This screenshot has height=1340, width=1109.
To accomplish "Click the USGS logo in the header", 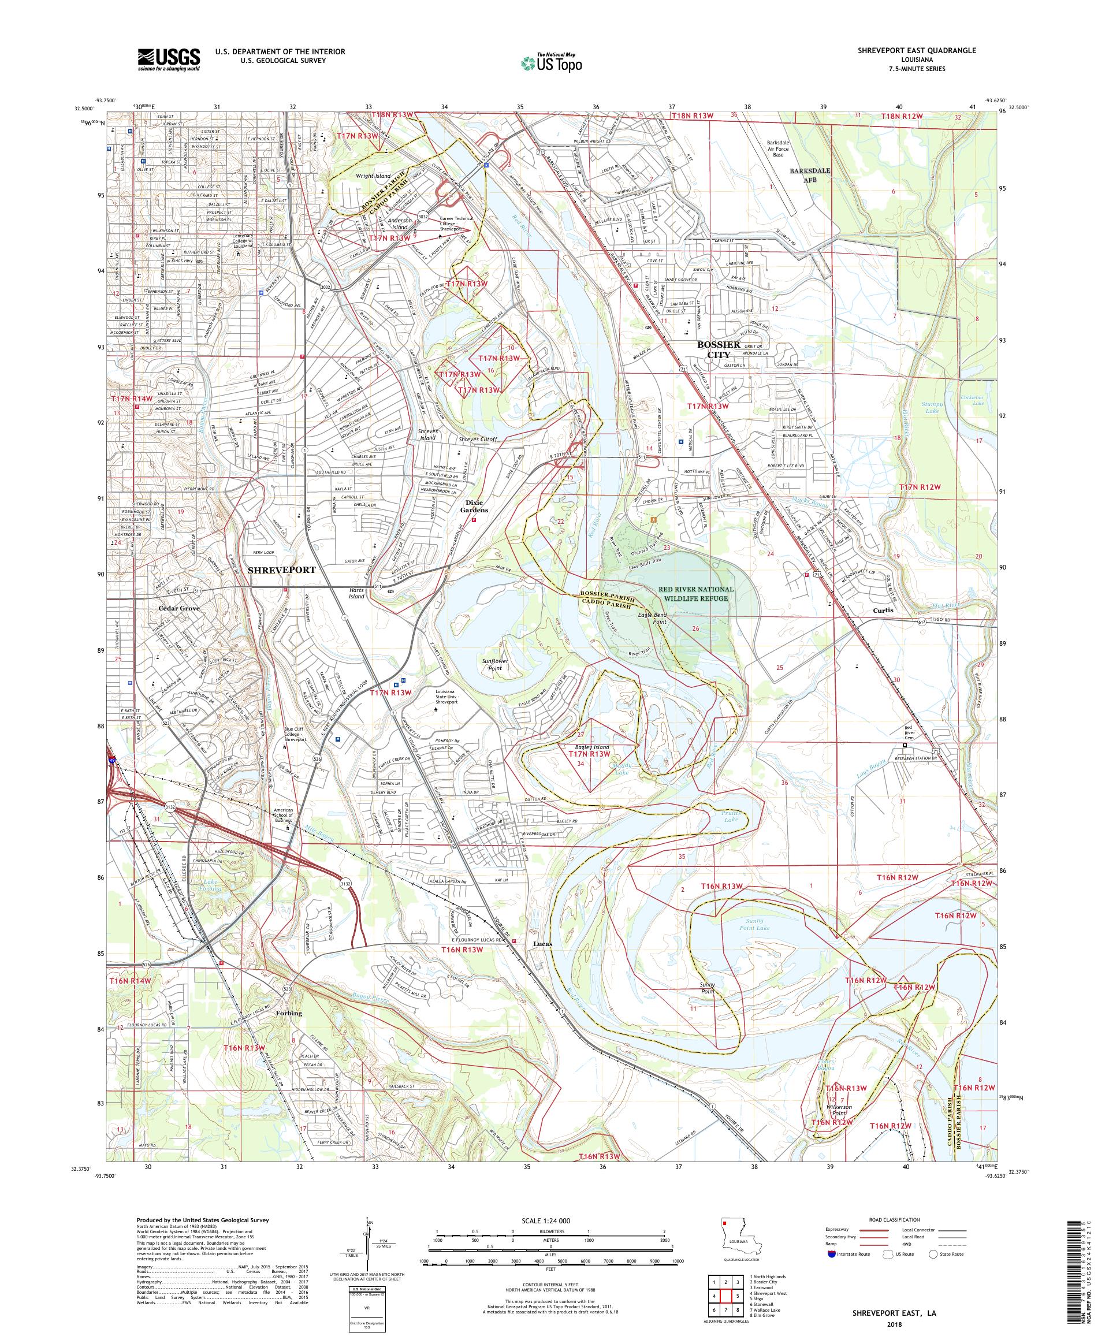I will point(168,59).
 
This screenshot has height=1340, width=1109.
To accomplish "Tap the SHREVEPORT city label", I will point(281,570).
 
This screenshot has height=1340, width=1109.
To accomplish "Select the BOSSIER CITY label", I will point(718,349).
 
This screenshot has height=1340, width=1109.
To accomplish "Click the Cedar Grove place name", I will point(178,608).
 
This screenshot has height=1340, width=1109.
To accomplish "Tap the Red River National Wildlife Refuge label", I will point(696,593).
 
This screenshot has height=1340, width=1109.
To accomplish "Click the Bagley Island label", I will point(591,747).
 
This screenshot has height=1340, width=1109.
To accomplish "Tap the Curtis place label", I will point(884,610).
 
